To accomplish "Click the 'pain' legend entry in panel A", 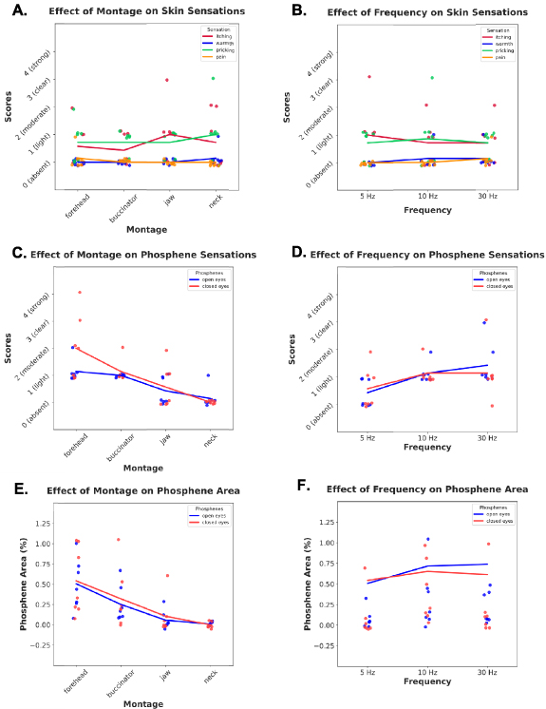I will coord(228,56).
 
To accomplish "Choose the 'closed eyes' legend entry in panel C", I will coord(228,285).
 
